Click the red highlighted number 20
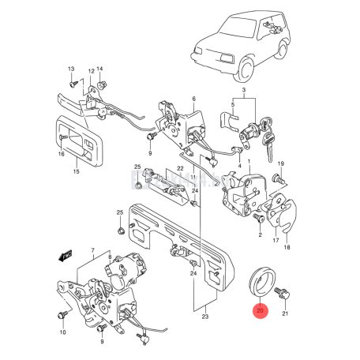[x=261, y=311]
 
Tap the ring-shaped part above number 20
[x=261, y=283]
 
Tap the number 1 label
[x=249, y=162]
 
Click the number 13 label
[x=70, y=69]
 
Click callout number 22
[x=180, y=170]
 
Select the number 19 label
[x=280, y=163]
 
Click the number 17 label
[x=276, y=240]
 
